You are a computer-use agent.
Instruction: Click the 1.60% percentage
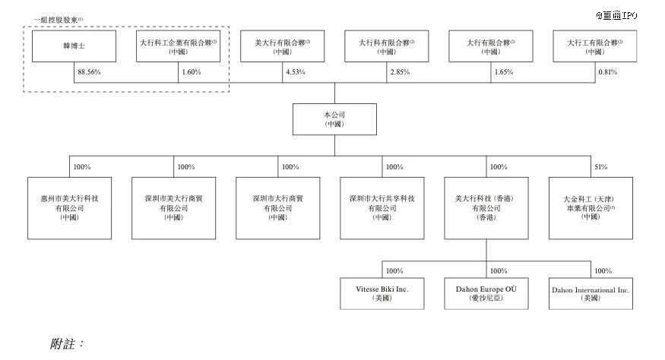(190, 72)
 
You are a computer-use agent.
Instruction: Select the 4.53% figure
(293, 72)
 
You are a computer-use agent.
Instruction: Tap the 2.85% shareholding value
(398, 72)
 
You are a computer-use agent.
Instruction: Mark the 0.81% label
(607, 72)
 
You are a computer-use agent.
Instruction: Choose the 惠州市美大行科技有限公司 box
(68, 207)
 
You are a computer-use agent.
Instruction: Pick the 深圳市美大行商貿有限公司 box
(173, 207)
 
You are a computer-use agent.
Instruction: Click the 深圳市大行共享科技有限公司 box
(382, 207)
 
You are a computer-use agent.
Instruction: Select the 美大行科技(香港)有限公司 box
(486, 207)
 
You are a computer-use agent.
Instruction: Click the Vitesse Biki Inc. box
(382, 294)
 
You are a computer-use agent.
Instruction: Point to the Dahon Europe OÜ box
(486, 294)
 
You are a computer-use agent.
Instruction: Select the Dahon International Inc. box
(591, 294)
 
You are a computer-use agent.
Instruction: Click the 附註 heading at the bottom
(66, 344)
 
